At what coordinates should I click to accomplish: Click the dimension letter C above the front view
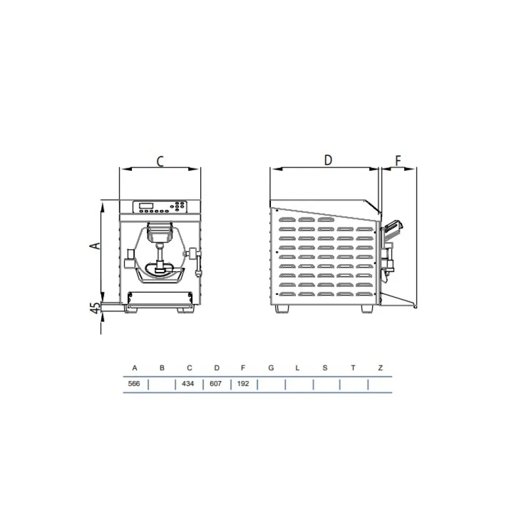[160, 161]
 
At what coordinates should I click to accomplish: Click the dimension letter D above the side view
[328, 160]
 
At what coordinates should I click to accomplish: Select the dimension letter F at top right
[398, 161]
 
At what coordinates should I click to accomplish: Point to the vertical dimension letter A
[94, 245]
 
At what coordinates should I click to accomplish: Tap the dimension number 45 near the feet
[95, 308]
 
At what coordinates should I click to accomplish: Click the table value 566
[134, 385]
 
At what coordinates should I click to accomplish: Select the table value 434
[189, 385]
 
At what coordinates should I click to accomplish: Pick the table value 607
[216, 385]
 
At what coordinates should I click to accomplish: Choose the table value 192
[243, 385]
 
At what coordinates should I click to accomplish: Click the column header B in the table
[162, 368]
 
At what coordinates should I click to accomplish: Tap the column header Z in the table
[380, 368]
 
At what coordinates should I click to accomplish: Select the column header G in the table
[271, 368]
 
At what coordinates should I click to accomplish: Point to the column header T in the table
[353, 368]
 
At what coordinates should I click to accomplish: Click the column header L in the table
[297, 368]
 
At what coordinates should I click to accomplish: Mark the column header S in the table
[325, 368]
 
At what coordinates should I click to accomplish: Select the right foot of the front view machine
[185, 310]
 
